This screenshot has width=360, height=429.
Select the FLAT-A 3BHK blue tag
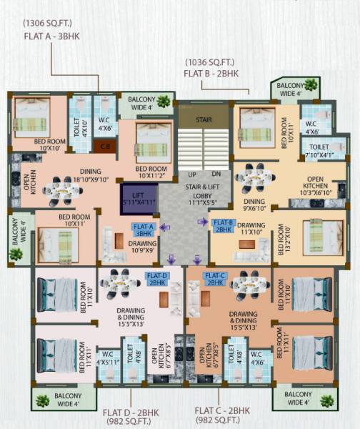(143, 230)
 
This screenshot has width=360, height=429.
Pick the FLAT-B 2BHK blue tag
(224, 226)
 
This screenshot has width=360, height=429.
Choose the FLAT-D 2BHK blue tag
(157, 278)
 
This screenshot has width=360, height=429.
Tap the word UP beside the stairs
(192, 174)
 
